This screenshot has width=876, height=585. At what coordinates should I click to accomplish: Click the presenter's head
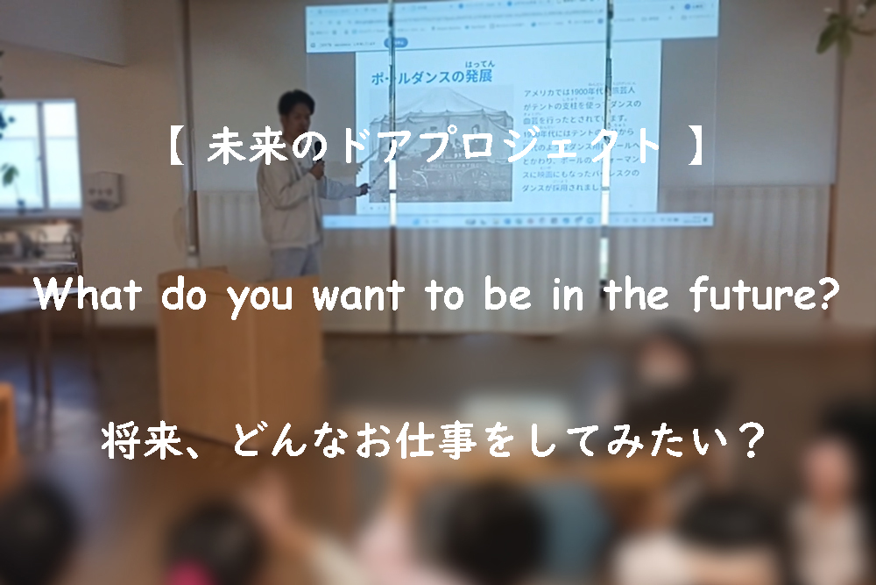[x=295, y=109]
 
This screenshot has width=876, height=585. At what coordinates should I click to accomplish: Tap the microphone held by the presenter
[x=319, y=166]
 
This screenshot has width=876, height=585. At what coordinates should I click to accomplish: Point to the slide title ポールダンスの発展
[x=429, y=76]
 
